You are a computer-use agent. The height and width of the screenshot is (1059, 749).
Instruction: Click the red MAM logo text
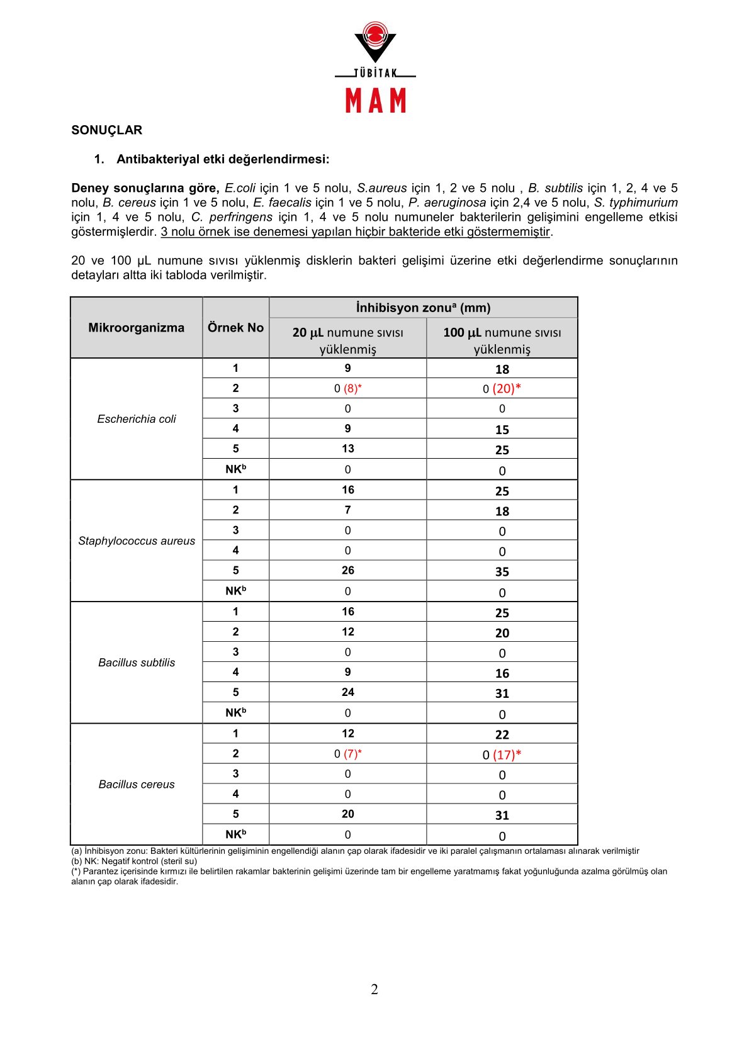click(x=376, y=101)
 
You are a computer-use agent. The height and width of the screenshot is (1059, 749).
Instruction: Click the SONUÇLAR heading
click(x=107, y=130)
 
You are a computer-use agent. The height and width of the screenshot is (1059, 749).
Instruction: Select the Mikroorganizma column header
click(x=136, y=328)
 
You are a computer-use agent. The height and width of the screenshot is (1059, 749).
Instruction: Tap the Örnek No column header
click(x=235, y=328)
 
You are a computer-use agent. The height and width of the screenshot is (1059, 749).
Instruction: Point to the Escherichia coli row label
click(x=137, y=419)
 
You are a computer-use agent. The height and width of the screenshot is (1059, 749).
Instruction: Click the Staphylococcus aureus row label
click(x=137, y=541)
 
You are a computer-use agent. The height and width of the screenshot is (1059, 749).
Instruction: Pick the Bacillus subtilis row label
click(x=137, y=663)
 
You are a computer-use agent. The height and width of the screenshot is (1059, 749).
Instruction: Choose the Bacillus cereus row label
click(x=137, y=785)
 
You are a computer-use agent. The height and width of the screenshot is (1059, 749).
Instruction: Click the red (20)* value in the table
click(x=507, y=389)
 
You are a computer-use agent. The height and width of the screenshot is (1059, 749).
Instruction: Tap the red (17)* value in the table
click(x=507, y=754)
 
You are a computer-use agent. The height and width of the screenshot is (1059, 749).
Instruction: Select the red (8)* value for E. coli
click(x=352, y=389)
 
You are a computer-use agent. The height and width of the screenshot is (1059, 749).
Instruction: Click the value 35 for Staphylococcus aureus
click(x=502, y=572)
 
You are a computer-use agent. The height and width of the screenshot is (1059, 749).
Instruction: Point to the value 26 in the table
click(x=348, y=571)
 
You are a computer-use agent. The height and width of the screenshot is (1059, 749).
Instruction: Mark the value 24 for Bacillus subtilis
click(x=348, y=692)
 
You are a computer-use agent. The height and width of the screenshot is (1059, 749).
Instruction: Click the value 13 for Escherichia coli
click(x=348, y=449)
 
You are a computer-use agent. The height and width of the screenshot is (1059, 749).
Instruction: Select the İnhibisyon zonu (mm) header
click(x=423, y=308)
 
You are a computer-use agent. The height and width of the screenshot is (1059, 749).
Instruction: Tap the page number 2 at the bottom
click(x=374, y=990)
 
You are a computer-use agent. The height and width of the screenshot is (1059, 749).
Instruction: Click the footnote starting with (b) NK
click(x=134, y=861)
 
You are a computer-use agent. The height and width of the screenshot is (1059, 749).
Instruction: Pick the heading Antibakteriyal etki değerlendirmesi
click(x=223, y=159)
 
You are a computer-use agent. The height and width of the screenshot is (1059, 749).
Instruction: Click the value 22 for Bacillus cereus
click(x=502, y=735)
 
